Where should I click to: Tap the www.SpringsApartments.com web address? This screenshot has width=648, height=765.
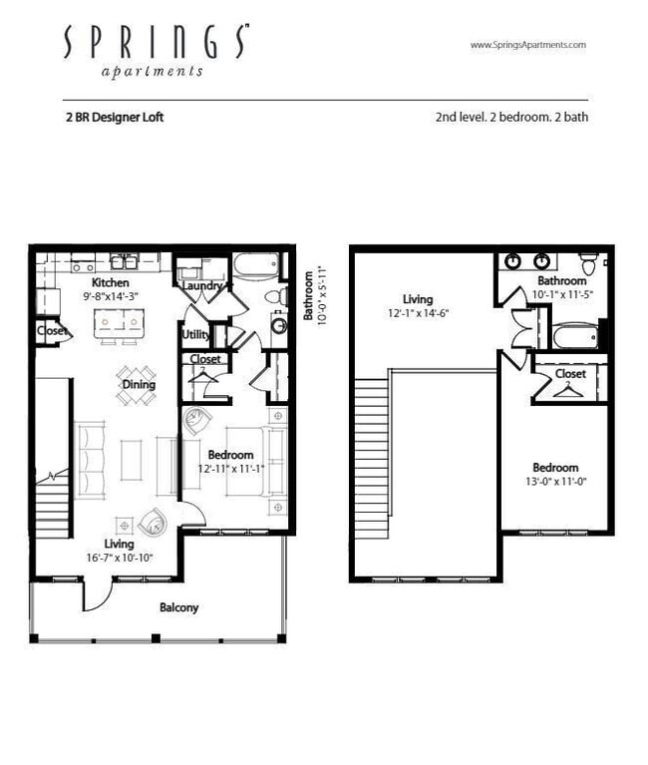click(x=527, y=45)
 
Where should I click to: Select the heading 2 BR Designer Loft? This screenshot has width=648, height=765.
click(x=115, y=117)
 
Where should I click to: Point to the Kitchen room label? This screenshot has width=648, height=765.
click(x=111, y=283)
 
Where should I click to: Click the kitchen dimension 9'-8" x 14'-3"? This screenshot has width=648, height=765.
click(x=111, y=296)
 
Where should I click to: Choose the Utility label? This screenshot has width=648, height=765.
click(x=195, y=335)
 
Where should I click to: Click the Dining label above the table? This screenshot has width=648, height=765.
click(x=138, y=383)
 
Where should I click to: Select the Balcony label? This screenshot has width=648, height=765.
click(x=179, y=606)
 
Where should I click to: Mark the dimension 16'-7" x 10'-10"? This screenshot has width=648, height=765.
click(x=120, y=558)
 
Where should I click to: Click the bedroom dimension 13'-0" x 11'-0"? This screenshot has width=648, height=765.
click(x=555, y=481)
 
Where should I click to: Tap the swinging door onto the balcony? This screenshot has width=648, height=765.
click(x=97, y=596)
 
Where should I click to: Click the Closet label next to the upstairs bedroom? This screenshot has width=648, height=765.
click(x=571, y=374)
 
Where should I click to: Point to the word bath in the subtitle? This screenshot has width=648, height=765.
click(x=575, y=117)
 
